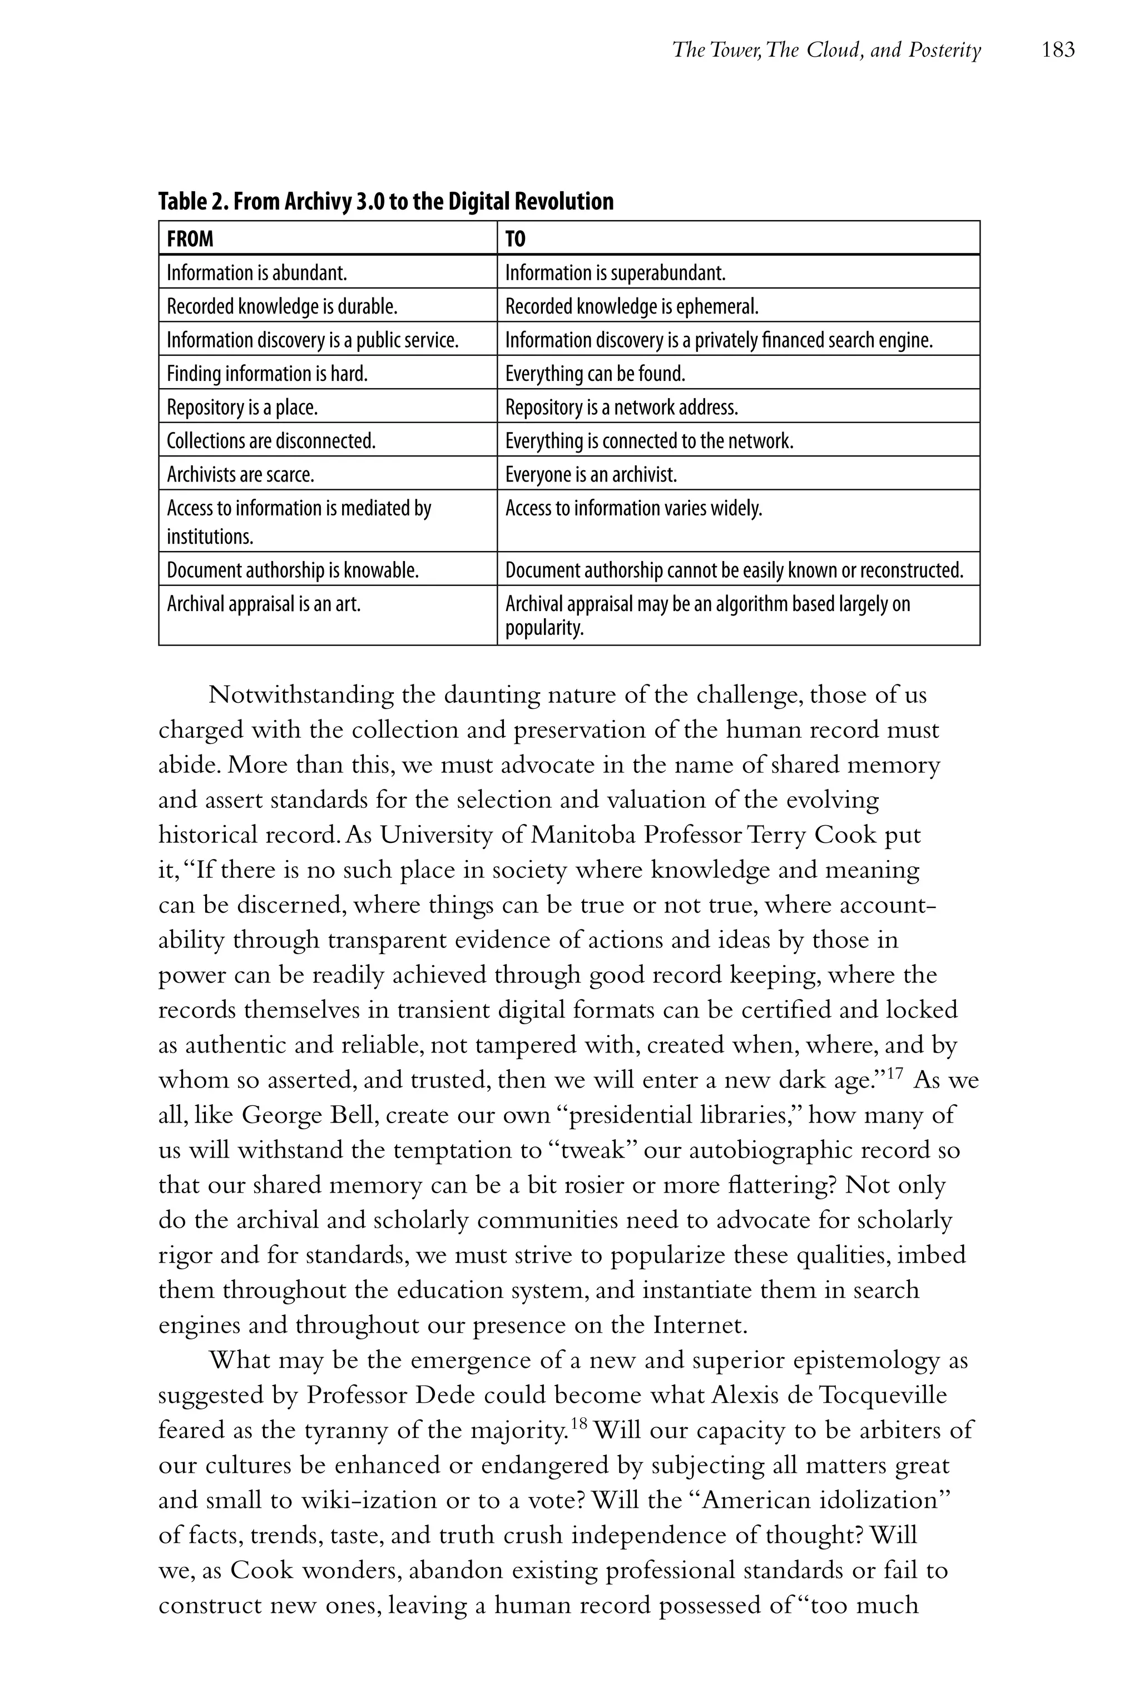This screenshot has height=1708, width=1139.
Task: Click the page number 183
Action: click(1058, 50)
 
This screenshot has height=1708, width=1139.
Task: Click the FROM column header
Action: click(190, 239)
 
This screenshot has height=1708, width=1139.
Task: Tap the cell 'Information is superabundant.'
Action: click(615, 273)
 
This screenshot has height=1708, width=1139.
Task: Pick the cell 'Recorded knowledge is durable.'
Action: click(282, 306)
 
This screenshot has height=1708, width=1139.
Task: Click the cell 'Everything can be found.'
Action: click(595, 374)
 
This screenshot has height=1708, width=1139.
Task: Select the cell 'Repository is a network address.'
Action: click(621, 408)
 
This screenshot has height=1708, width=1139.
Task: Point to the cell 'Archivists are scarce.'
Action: click(240, 475)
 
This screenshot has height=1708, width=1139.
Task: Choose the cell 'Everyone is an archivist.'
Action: click(591, 475)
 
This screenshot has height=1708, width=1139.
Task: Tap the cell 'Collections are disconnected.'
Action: click(271, 441)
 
